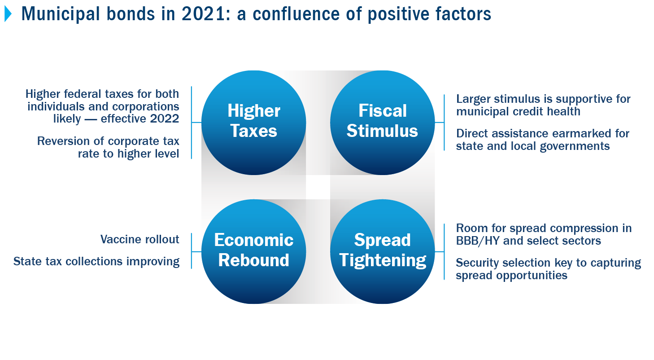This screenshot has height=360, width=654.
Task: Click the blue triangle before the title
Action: point(8,14)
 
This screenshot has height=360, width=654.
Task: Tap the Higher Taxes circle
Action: point(254,123)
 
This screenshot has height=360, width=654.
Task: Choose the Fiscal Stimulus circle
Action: point(383,123)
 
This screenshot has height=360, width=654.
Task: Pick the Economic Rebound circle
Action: point(254,251)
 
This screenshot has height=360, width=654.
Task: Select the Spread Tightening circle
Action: point(383,251)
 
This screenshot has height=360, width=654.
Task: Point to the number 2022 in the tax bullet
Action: point(164,119)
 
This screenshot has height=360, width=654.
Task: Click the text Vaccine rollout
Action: point(140,239)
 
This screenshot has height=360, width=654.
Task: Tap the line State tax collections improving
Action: point(96,262)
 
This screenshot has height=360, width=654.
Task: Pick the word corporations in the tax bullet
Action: point(146,107)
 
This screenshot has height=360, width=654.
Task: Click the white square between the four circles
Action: point(318,187)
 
